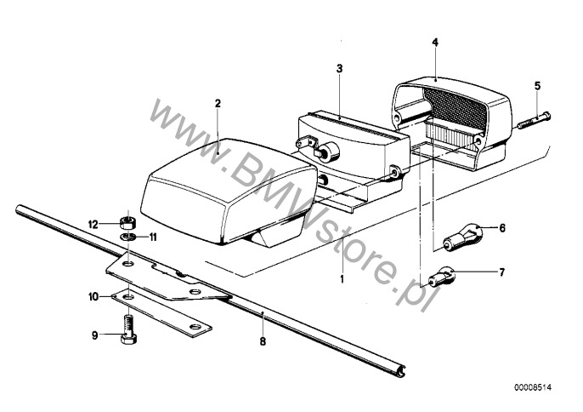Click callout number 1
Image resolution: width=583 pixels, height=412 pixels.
(x=342, y=278)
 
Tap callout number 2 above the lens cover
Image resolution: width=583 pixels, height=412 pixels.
(x=218, y=103)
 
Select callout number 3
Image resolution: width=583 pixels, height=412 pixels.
(x=338, y=66)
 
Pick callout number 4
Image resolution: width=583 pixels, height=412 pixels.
(x=434, y=42)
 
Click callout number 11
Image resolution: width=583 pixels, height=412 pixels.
(x=154, y=236)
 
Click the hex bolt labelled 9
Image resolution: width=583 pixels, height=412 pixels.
(x=128, y=328)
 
